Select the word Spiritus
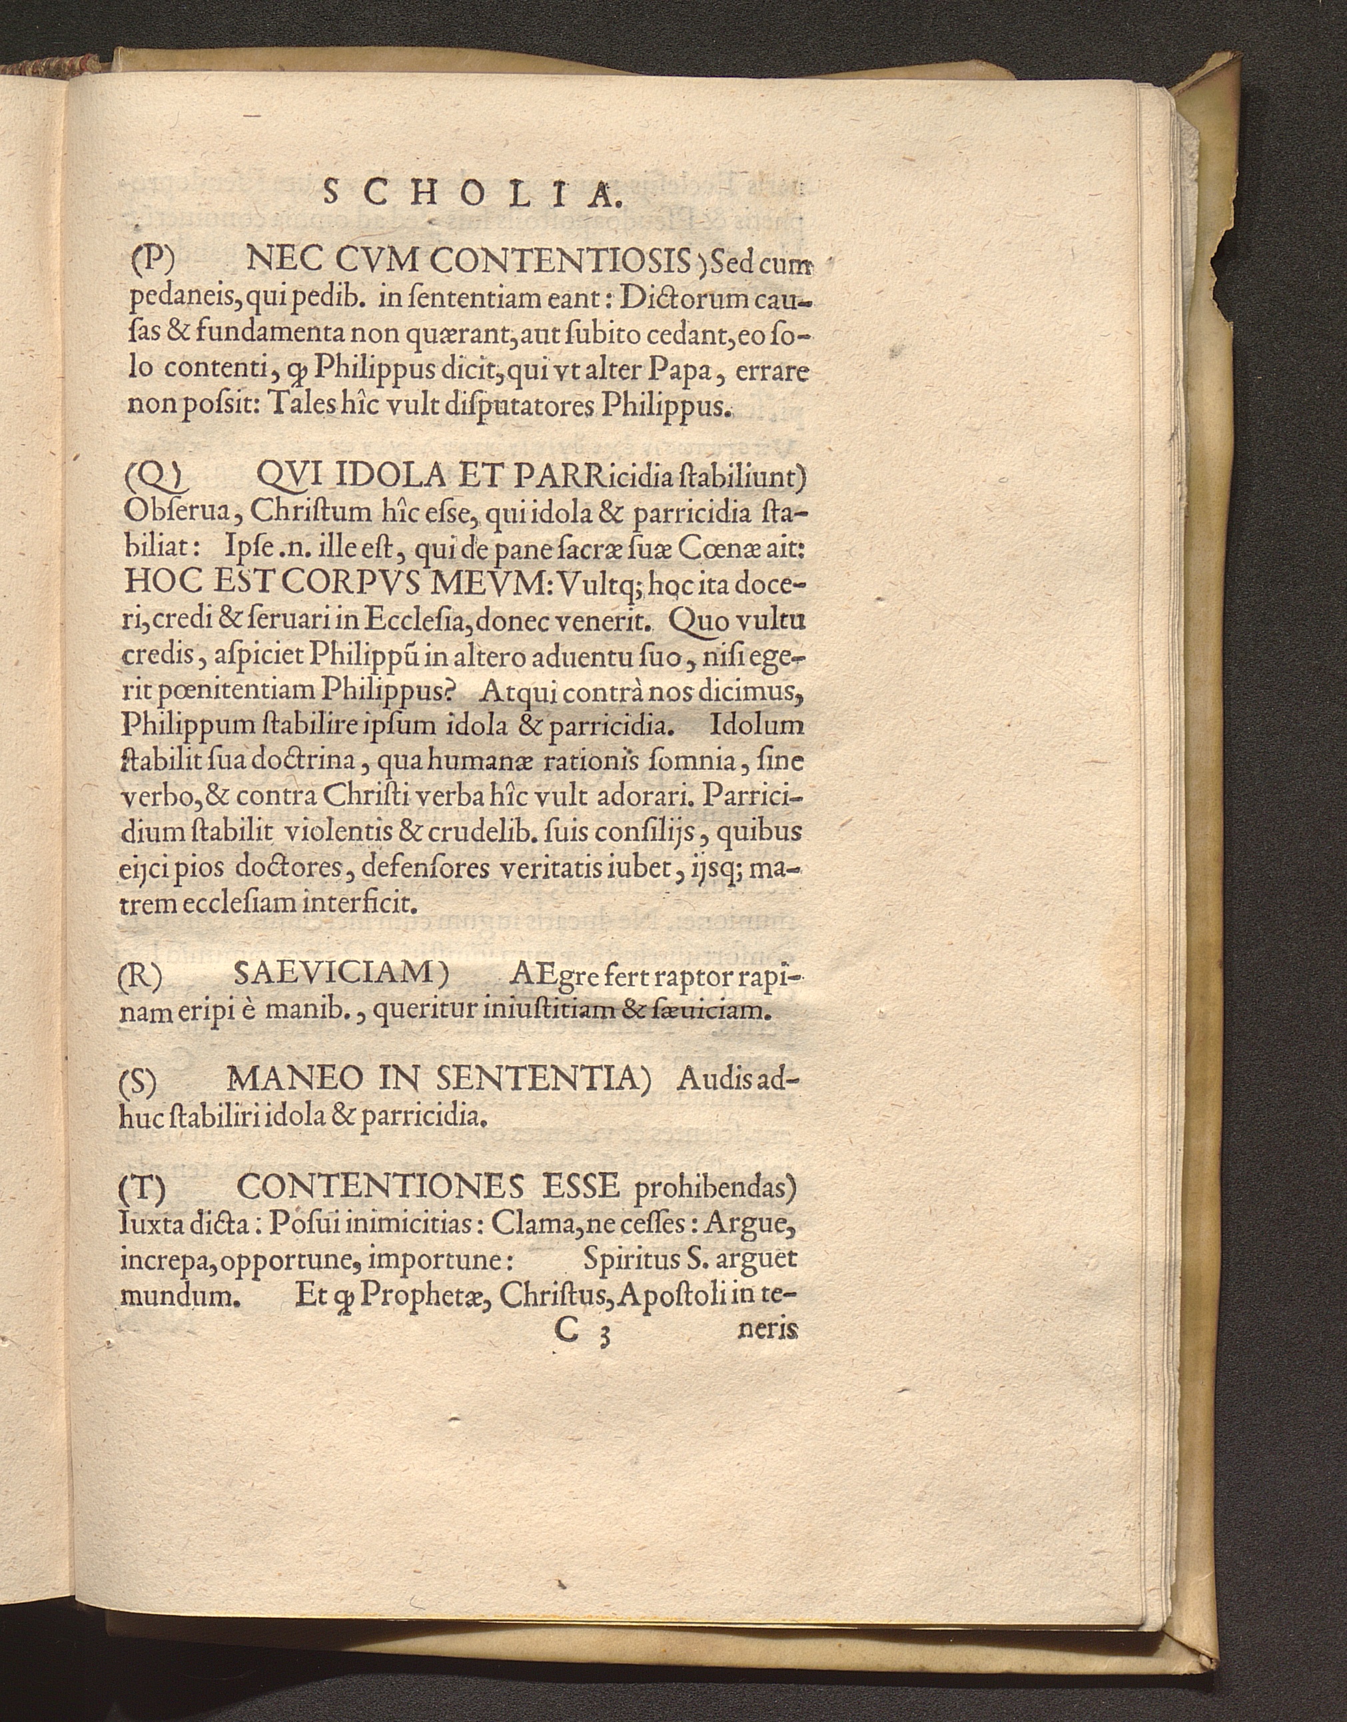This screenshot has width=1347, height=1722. coord(628,1259)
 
